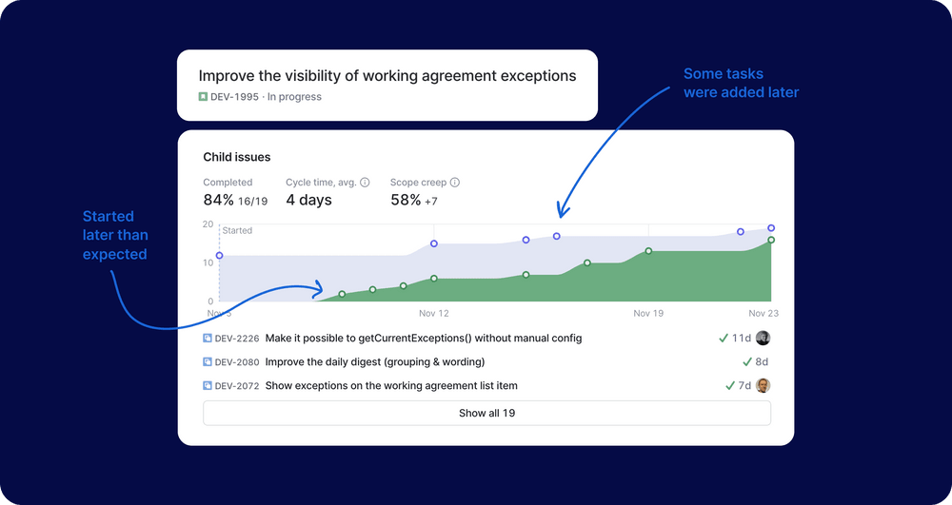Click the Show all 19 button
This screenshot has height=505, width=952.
[x=486, y=413]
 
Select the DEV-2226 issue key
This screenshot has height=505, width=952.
[x=236, y=338]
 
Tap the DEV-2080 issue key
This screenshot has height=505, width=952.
[x=236, y=361]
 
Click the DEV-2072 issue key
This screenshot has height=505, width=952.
[x=236, y=386]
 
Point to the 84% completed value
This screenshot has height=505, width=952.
[x=218, y=201]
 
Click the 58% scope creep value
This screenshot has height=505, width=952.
[x=406, y=201]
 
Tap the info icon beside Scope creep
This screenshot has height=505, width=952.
[x=455, y=183]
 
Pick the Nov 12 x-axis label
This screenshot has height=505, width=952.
[x=433, y=313]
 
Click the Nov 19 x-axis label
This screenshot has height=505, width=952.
[x=648, y=313]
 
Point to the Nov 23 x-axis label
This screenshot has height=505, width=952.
[x=764, y=313]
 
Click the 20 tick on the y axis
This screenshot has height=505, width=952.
[x=208, y=224]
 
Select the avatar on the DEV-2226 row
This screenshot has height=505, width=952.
[x=763, y=338]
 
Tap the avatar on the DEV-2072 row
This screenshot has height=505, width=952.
[x=763, y=386]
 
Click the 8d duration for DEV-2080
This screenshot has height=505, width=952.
[x=761, y=361]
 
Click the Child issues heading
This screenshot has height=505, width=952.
[x=237, y=157]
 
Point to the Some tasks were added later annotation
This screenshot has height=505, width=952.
[x=741, y=83]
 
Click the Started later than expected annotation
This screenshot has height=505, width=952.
[x=114, y=235]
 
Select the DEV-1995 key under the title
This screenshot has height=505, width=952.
[x=235, y=97]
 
